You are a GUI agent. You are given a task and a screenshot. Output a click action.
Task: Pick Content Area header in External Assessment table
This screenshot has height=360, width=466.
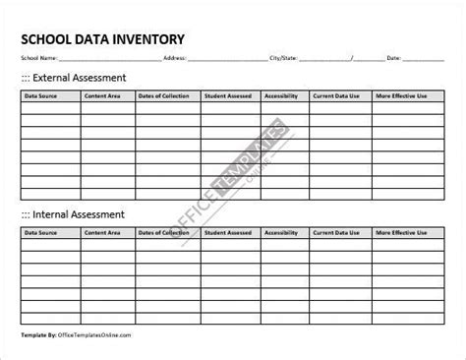103,96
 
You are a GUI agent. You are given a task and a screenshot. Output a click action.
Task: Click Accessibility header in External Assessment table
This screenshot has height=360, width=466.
283,96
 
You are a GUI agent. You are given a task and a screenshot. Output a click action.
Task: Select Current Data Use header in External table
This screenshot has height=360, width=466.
336,96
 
